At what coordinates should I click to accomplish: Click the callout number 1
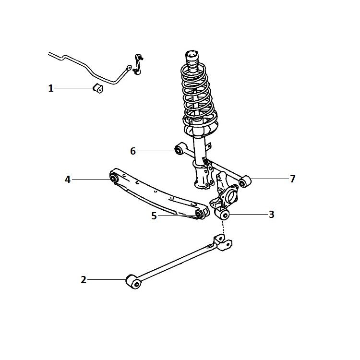(51, 88)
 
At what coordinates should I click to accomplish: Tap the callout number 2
(84, 280)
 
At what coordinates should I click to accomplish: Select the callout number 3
(271, 215)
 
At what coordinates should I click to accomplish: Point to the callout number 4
(68, 180)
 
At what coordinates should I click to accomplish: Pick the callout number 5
(154, 216)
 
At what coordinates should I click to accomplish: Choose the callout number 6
(133, 151)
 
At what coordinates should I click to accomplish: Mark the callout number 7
(292, 179)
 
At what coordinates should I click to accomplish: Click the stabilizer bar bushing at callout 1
(98, 88)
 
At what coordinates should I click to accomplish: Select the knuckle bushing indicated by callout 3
(222, 214)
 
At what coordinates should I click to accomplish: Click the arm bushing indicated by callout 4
(114, 178)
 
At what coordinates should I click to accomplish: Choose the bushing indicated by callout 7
(245, 181)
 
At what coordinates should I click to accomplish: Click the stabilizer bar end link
(138, 64)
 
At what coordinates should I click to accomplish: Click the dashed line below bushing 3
(223, 228)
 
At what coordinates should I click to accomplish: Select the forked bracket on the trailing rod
(222, 243)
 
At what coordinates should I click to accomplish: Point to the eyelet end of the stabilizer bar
(129, 68)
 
